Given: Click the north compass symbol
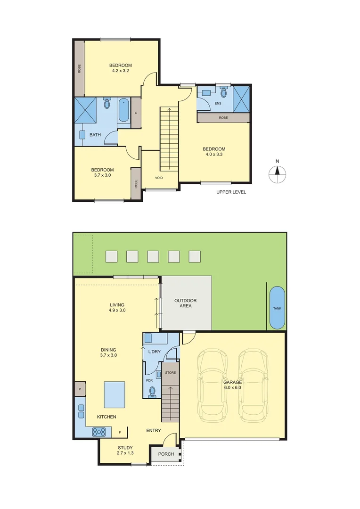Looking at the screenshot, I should [x=278, y=174].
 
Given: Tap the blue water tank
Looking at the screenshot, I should [x=277, y=308].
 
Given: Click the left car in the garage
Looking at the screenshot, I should [x=213, y=385].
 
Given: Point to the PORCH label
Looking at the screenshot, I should [x=166, y=454].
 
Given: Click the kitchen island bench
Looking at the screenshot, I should [x=115, y=394].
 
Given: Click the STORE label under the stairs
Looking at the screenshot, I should [x=170, y=373].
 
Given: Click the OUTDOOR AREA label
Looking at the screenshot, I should [x=185, y=303].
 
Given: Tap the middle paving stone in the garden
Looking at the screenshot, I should [x=153, y=256].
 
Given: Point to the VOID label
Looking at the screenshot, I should [x=159, y=178].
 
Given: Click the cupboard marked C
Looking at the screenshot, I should [x=136, y=113].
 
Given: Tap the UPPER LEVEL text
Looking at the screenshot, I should [x=231, y=192].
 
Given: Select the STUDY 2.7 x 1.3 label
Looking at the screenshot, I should [x=125, y=451].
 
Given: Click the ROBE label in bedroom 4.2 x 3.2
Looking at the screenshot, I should [x=79, y=69].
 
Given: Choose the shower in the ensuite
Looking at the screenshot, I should [x=241, y=99].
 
